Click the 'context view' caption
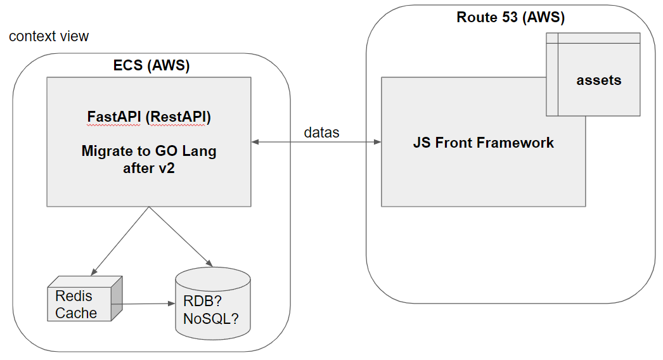tap(49, 36)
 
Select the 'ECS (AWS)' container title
tap(151, 65)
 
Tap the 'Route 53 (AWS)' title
tap(510, 17)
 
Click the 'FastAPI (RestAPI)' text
tap(149, 117)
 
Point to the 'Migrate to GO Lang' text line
tap(149, 151)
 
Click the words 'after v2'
tap(149, 169)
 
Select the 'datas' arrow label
tap(321, 132)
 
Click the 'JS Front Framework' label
tap(483, 143)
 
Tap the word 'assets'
tap(598, 80)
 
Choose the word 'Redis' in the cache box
tap(74, 295)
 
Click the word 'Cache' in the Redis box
tap(76, 312)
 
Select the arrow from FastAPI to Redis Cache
tap(120, 238)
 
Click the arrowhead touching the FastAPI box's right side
tap(255, 142)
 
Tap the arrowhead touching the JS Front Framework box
tap(377, 142)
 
